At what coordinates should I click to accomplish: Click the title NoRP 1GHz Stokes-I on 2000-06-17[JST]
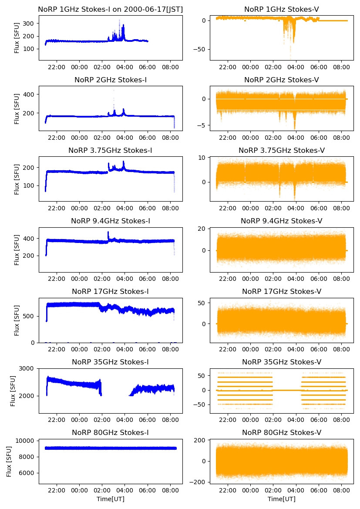pos(110,9)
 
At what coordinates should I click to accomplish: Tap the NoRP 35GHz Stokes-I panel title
pos(110,362)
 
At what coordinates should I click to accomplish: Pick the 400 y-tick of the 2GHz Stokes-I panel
pos(30,94)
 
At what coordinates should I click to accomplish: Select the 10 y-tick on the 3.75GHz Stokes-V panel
pos(203,157)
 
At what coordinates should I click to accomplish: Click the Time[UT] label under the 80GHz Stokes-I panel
pos(110,499)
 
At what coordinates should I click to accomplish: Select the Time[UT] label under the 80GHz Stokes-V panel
pos(282,499)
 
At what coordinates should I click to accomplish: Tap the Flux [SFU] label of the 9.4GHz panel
pos(17,249)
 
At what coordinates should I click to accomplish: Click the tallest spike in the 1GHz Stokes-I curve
pos(119,20)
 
